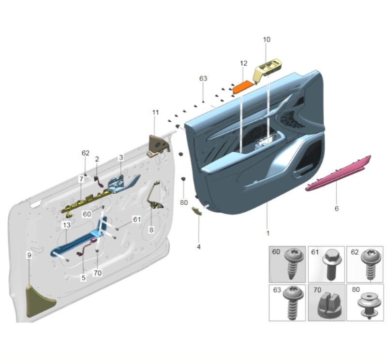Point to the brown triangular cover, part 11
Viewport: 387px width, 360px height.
[x=157, y=144]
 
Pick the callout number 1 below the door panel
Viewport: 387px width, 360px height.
[x=268, y=233]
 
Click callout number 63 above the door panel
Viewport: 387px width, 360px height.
[x=203, y=79]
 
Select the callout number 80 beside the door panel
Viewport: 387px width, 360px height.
[x=184, y=202]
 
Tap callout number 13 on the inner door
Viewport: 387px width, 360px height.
[x=66, y=226]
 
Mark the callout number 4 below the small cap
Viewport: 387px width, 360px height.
[x=198, y=247]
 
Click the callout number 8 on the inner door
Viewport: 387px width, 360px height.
[x=151, y=230]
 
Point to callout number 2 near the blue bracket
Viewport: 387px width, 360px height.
[x=97, y=158]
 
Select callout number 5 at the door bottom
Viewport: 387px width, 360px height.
[x=83, y=278]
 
